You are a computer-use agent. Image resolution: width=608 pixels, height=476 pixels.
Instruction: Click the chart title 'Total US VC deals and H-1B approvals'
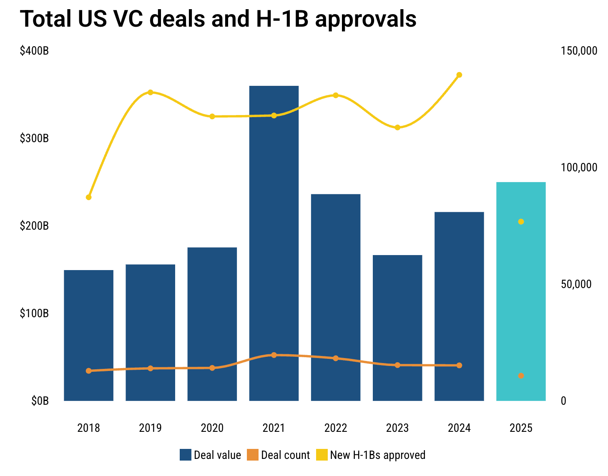tap(218, 19)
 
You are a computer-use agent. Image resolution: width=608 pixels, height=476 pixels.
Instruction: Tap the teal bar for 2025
tap(521, 292)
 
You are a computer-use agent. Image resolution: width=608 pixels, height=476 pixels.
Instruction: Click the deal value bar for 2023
tap(397, 317)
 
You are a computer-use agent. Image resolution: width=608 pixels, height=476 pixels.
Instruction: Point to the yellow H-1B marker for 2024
tap(459, 75)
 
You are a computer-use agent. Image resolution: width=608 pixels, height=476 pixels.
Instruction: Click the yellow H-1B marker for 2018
tap(88, 197)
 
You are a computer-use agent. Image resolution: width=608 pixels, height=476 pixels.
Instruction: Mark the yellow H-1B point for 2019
tap(151, 92)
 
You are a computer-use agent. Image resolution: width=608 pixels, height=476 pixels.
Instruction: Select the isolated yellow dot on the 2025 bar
tap(521, 222)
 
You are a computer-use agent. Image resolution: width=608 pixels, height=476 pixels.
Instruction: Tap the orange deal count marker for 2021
tap(274, 355)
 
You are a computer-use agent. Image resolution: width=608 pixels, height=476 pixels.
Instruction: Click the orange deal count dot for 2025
tap(521, 376)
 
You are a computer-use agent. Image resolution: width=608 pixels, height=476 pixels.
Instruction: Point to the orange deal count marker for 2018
tap(88, 371)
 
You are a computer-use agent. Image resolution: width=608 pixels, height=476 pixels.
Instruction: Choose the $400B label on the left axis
tap(34, 51)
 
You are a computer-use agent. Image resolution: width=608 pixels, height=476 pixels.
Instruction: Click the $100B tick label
tap(34, 313)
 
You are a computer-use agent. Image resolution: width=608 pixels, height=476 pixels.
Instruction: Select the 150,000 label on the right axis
tap(579, 51)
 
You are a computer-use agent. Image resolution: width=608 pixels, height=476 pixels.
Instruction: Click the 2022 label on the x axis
tap(336, 428)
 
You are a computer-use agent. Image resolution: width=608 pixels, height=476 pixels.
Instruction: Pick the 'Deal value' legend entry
tap(211, 455)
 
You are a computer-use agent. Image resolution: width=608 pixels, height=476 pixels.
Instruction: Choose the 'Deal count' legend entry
tap(279, 455)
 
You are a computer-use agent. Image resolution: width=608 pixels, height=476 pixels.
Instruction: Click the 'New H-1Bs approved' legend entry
tap(371, 455)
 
